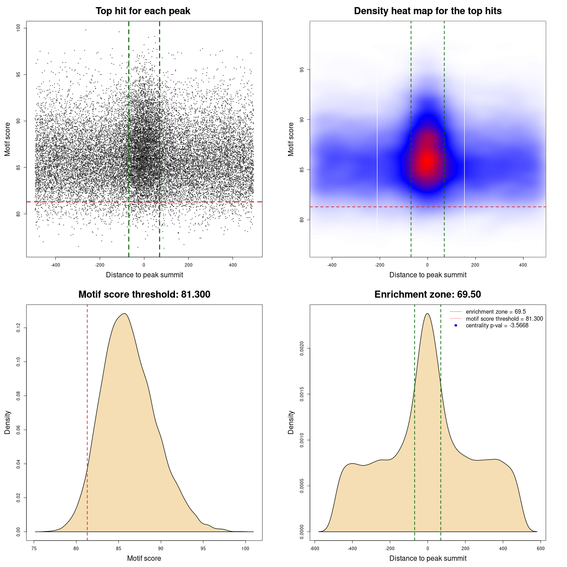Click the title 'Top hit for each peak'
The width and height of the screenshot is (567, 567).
click(x=143, y=11)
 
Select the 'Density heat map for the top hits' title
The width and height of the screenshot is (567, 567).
click(x=427, y=11)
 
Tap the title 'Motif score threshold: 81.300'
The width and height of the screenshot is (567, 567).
click(x=144, y=295)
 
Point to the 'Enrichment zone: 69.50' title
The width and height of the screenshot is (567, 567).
click(x=427, y=295)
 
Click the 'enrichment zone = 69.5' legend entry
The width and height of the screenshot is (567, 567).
click(x=496, y=312)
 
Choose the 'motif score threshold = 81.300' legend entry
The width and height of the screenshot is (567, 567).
click(x=504, y=319)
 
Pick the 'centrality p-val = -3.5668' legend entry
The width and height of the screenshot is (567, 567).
click(x=497, y=326)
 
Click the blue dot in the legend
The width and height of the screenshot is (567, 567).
click(x=456, y=326)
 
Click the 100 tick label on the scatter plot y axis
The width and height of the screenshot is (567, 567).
click(x=18, y=28)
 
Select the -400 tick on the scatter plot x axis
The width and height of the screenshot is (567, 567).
click(x=55, y=265)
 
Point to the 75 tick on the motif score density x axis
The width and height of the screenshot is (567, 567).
click(x=35, y=548)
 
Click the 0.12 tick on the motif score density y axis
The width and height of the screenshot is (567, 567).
click(x=18, y=328)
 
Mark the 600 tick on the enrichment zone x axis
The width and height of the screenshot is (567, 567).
click(x=540, y=548)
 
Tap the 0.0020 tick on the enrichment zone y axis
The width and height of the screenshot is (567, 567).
click(x=302, y=349)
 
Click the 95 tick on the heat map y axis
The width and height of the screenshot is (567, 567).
click(x=302, y=70)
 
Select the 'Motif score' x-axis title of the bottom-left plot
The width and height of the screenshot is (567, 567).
click(x=144, y=558)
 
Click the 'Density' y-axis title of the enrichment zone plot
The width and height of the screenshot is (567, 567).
click(x=291, y=422)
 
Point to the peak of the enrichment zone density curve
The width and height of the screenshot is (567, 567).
click(x=427, y=314)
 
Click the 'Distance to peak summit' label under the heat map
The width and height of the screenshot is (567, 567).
click(x=427, y=275)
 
